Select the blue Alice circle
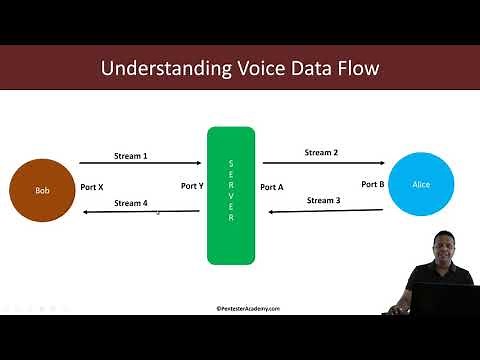(x=421, y=185)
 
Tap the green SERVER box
(x=231, y=195)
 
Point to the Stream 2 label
(x=322, y=153)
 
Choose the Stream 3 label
(x=324, y=201)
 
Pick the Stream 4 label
(x=131, y=203)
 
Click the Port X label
(x=91, y=186)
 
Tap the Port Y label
(x=192, y=186)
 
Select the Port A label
(x=271, y=187)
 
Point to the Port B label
(x=372, y=184)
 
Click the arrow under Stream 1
(x=140, y=165)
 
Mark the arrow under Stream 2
(x=323, y=162)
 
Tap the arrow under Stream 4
(x=140, y=212)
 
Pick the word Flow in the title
(x=354, y=69)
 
